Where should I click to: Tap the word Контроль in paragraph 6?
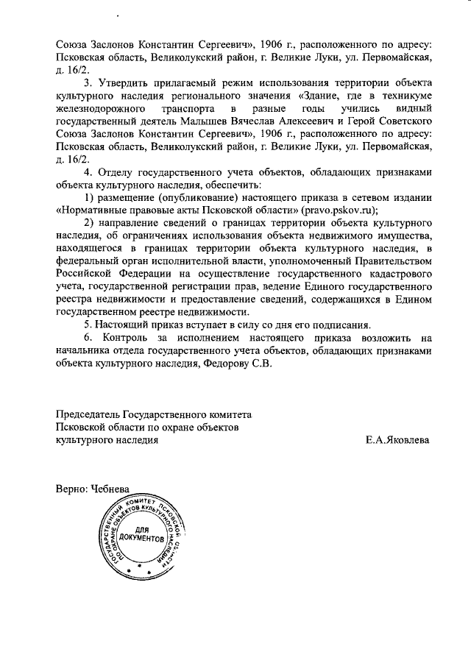(x=124, y=339)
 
